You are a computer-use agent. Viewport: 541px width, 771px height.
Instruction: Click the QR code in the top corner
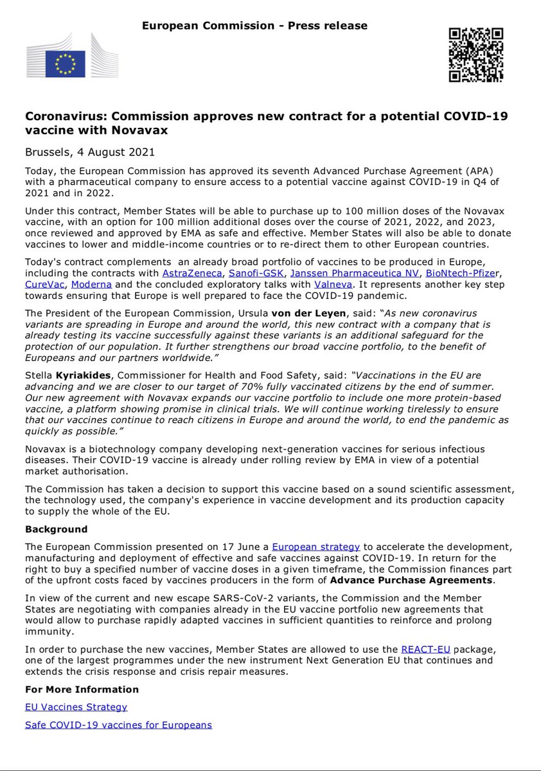pos(475,55)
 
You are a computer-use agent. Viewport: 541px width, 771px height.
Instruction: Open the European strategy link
pos(315,546)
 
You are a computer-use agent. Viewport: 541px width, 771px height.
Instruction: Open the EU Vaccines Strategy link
pos(76,707)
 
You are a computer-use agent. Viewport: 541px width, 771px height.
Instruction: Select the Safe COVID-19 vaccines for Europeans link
pos(118,725)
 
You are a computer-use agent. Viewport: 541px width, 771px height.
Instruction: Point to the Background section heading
pos(56,529)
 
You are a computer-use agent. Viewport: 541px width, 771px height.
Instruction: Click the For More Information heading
pos(82,689)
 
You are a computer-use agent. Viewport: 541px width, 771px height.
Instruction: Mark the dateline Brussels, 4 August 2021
pos(89,152)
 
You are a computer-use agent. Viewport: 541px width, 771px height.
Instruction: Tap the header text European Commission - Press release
pos(255,26)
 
